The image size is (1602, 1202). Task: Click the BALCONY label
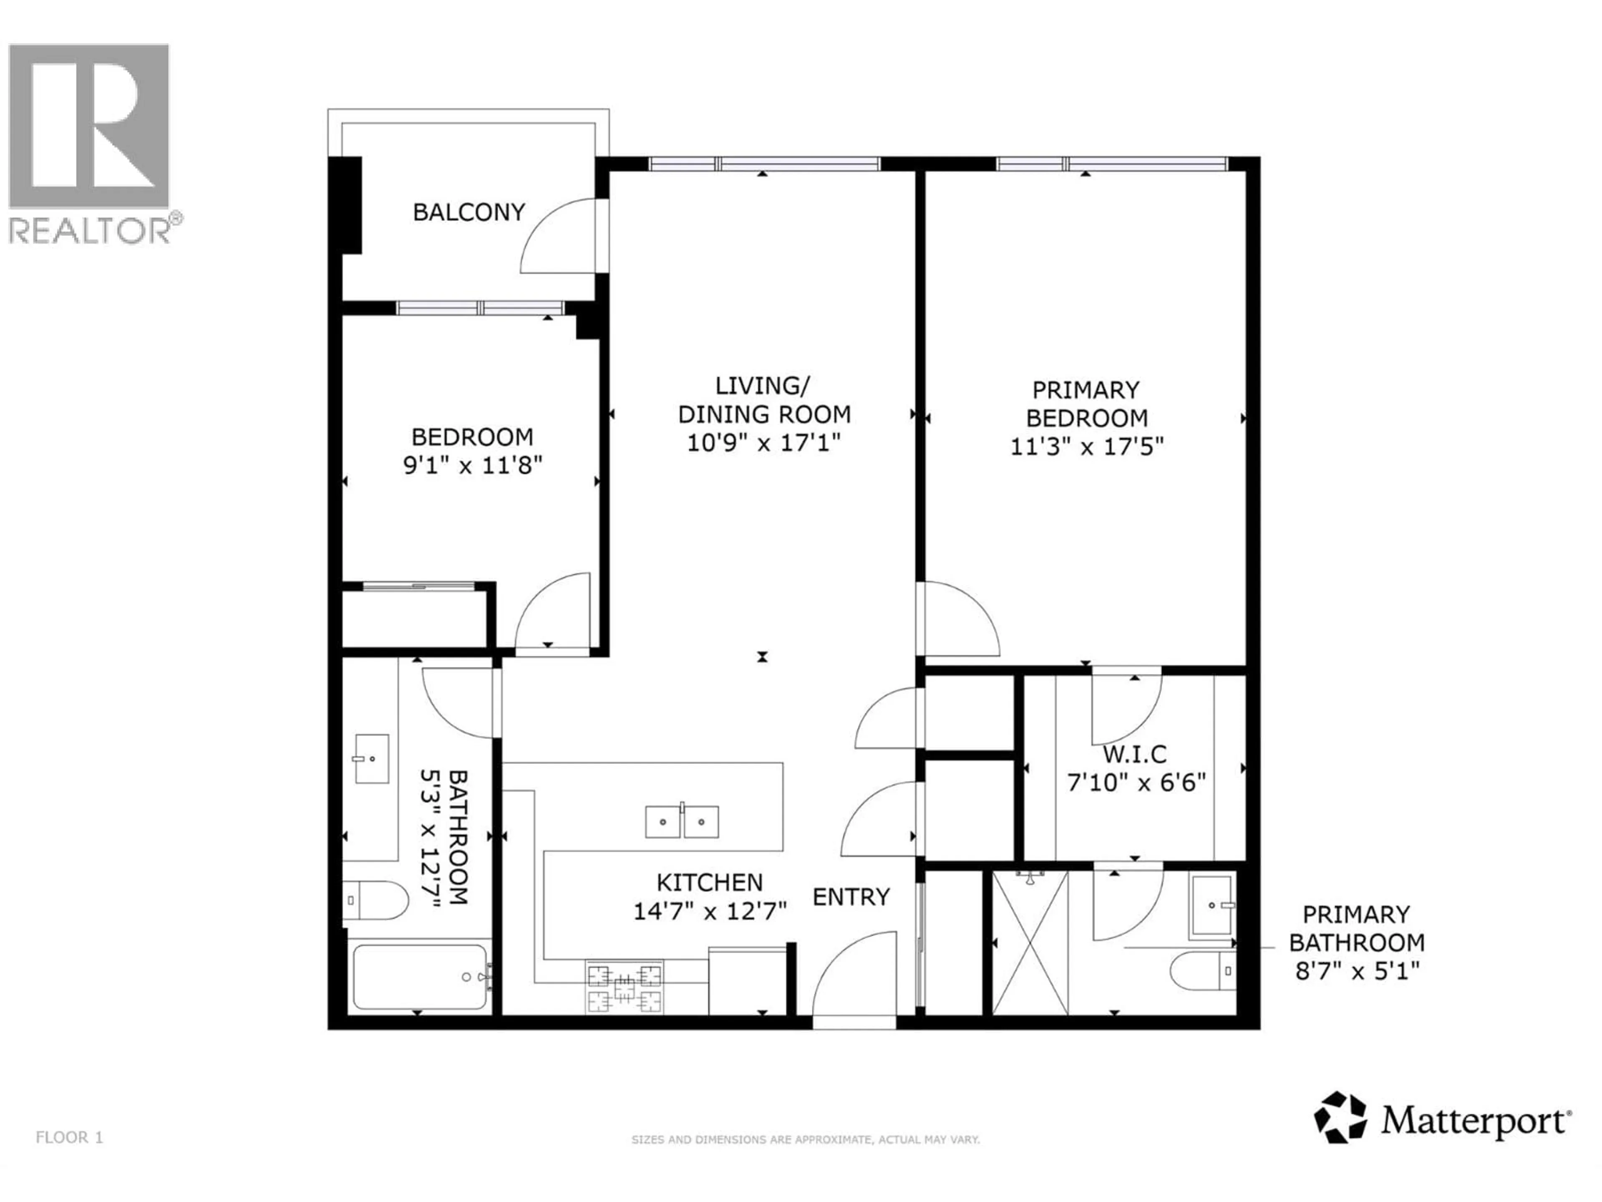(469, 212)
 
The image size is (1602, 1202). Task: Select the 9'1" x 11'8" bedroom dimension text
(472, 465)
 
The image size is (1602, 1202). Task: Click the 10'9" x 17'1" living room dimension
(763, 442)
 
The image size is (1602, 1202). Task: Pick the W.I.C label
(1135, 754)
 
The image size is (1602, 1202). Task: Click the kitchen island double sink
(682, 822)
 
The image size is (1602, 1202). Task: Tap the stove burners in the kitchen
(624, 986)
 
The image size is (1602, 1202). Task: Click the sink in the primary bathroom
(1211, 906)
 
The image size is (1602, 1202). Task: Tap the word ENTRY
(851, 897)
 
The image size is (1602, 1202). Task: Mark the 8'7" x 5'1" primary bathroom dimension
(1357, 970)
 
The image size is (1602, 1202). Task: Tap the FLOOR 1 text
(70, 1137)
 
